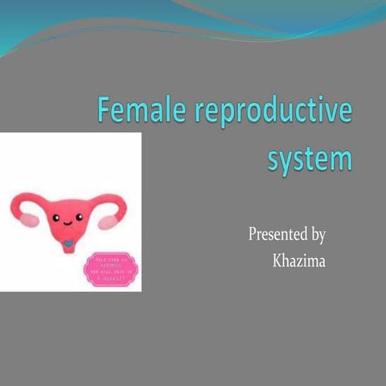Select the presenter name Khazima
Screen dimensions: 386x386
[298, 261]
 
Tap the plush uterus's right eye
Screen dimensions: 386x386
[80, 215]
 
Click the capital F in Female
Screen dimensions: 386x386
[105, 110]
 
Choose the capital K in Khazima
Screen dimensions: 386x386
[277, 261]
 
